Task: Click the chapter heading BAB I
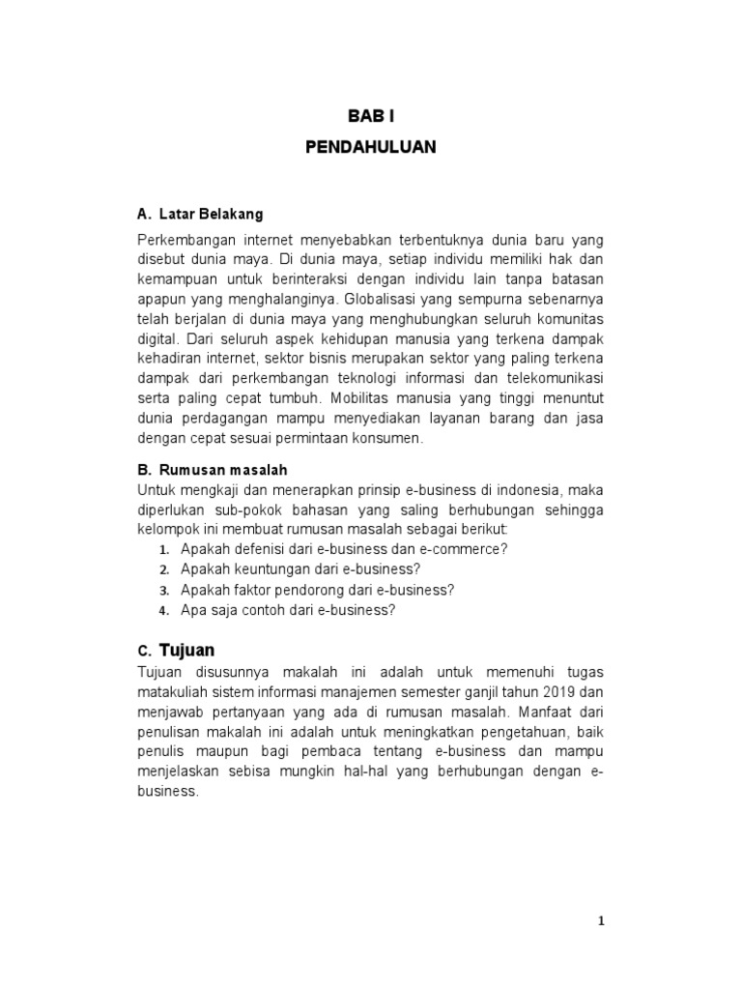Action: [371, 116]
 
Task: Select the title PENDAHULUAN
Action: [371, 148]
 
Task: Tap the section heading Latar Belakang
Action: [211, 213]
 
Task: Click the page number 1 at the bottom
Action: [600, 921]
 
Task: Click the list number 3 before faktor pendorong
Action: [164, 590]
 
